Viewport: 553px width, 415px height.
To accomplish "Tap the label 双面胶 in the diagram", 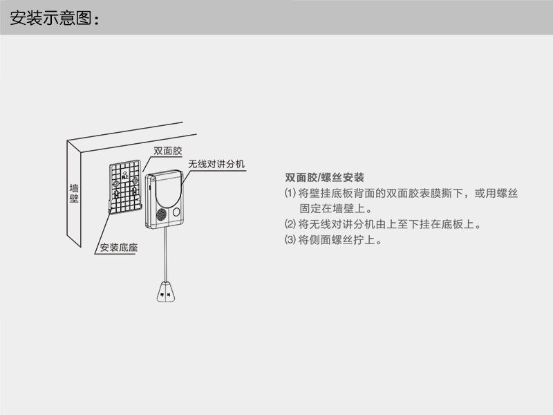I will coord(167,150).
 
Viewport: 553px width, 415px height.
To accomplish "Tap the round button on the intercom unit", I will coord(177,212).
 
